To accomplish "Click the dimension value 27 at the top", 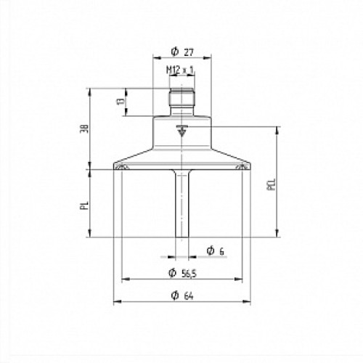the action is coord(189,52).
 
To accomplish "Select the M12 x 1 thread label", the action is coord(180,70).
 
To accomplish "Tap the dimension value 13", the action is coord(121,101).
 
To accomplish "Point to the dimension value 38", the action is coord(85,129).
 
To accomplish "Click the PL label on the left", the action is coord(84,205).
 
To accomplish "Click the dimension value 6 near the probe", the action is coord(221,252).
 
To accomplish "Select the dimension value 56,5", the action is coord(189,274).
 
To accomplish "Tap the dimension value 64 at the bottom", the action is coord(189,296).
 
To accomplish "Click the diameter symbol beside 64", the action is coord(175,295).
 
